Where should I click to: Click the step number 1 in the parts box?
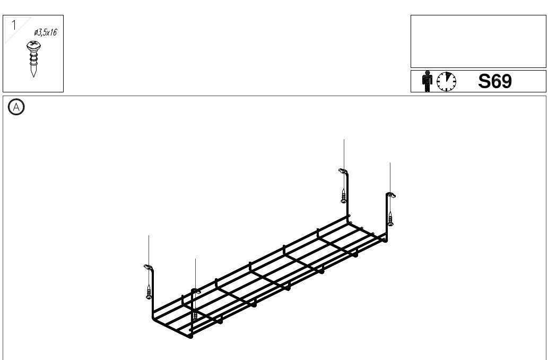[x=14, y=24]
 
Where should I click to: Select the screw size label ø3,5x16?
[x=46, y=32]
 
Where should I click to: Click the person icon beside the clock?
[x=427, y=81]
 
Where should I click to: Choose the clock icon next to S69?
[x=446, y=81]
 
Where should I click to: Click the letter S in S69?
[x=484, y=81]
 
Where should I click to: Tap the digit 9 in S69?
[x=506, y=81]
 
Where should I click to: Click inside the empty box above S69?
[x=478, y=41]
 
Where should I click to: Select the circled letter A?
[x=16, y=107]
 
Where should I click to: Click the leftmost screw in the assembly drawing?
[x=149, y=292]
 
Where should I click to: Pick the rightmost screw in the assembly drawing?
[x=390, y=218]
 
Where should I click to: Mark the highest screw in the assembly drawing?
[x=344, y=196]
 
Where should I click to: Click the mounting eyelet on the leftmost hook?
[x=147, y=267]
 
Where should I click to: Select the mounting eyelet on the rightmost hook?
[x=391, y=195]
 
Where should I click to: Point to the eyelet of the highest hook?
[x=342, y=171]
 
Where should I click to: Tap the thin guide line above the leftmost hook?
[x=149, y=250]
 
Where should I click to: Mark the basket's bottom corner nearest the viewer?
[x=191, y=336]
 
